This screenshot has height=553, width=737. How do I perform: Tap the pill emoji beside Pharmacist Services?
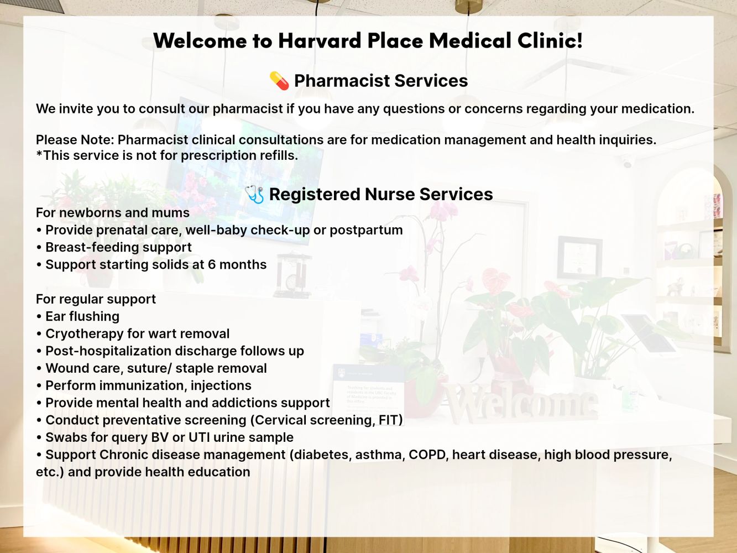(x=279, y=81)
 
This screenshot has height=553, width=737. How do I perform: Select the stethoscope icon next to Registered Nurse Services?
(x=254, y=195)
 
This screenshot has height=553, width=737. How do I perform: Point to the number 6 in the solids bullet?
(x=212, y=264)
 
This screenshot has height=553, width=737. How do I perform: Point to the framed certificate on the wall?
(x=579, y=258)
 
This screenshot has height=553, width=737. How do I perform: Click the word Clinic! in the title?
(x=550, y=40)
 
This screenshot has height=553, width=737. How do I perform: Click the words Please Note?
(x=75, y=140)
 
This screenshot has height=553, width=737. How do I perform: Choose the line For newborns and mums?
(x=113, y=213)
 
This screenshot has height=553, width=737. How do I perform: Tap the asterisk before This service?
(x=39, y=153)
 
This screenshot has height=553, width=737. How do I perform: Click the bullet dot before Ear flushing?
(x=39, y=317)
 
